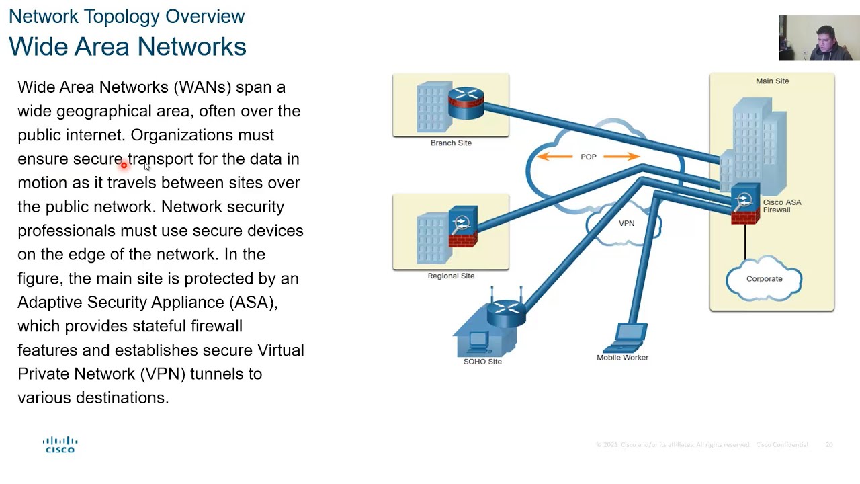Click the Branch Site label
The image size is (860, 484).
click(451, 143)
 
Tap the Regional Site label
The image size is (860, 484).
click(451, 276)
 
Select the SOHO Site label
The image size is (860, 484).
click(482, 362)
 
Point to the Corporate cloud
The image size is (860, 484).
click(764, 279)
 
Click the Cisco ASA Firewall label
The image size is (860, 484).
click(781, 206)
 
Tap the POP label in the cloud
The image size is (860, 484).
click(588, 157)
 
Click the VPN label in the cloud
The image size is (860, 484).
click(626, 223)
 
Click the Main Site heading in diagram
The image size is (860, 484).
click(772, 81)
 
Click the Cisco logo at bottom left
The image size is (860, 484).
click(60, 445)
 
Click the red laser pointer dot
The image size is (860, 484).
click(124, 165)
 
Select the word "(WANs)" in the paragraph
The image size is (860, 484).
click(202, 87)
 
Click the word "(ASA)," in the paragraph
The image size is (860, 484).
click(253, 302)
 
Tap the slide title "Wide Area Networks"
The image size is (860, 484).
click(128, 46)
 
